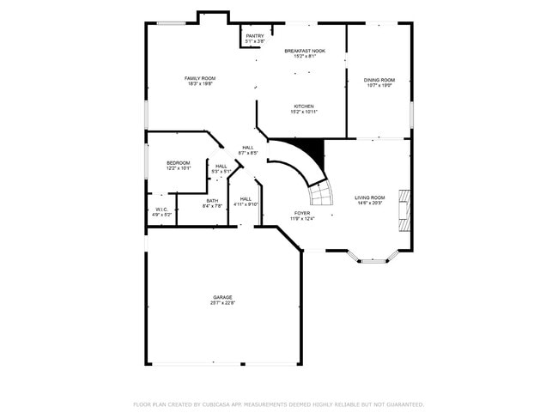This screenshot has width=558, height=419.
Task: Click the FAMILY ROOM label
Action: (199, 78)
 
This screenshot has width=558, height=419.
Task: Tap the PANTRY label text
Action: (255, 35)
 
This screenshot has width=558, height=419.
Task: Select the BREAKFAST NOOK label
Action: (305, 51)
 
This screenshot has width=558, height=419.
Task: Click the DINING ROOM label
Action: (379, 80)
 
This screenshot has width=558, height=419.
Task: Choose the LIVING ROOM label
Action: (370, 197)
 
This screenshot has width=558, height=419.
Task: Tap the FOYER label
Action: (302, 213)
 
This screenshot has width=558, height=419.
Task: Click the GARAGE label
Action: (223, 297)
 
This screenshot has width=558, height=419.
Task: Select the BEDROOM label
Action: (178, 162)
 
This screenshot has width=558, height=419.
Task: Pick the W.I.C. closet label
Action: (161, 209)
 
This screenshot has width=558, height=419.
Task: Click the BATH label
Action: (212, 200)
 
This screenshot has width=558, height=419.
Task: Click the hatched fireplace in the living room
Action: (403, 210)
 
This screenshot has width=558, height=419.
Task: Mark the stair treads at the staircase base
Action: (321, 197)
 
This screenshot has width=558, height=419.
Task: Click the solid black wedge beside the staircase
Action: (314, 153)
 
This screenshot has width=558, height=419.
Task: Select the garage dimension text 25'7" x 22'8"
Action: (223, 303)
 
